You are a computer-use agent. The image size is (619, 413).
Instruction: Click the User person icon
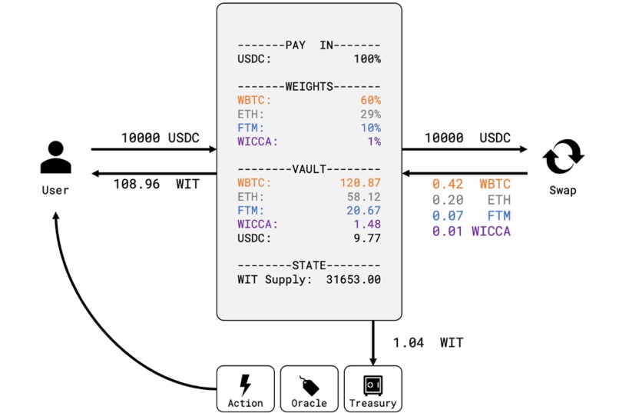55,157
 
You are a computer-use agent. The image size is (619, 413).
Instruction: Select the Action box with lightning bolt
245,388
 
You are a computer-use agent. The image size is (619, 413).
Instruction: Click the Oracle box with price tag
309,388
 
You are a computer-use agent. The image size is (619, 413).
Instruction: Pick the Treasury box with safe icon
372,388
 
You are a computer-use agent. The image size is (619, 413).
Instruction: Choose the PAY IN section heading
309,45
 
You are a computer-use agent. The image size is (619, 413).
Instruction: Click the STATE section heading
309,265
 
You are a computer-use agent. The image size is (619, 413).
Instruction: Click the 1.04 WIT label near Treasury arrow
428,343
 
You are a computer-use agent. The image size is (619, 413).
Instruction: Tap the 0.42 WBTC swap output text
471,185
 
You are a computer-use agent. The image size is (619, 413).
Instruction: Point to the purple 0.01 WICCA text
471,231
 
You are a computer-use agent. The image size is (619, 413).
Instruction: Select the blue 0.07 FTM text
471,216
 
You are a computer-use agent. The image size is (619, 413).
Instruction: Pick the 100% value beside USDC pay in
366,59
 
